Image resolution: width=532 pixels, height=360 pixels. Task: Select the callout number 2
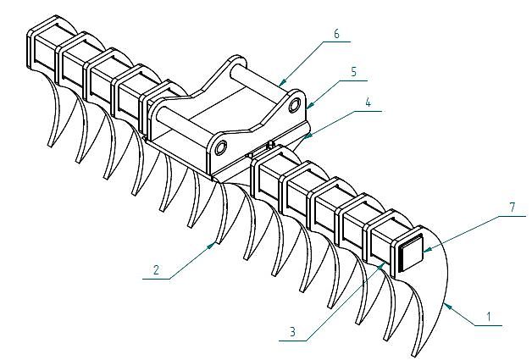point(156,270)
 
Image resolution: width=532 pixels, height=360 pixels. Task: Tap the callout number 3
point(291,333)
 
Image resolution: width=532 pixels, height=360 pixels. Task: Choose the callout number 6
point(336,34)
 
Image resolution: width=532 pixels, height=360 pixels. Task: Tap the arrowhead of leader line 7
point(423,252)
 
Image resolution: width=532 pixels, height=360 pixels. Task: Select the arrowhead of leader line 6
point(279,82)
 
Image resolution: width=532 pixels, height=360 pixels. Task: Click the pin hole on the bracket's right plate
point(294,105)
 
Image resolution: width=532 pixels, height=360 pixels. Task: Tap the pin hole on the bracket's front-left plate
point(221,149)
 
